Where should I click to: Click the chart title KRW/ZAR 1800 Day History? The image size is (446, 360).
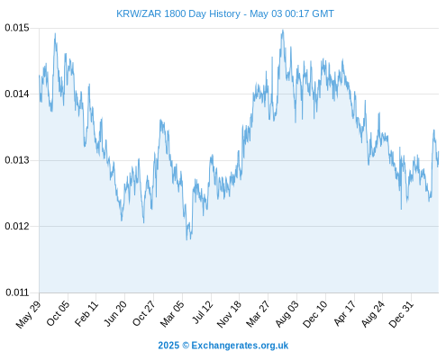(x=178, y=13)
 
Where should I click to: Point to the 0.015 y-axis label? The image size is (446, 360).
(x=17, y=28)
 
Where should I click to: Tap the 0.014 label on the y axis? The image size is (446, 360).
(x=17, y=94)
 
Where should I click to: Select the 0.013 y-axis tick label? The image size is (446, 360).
(x=17, y=160)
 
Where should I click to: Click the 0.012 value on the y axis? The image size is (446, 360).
(x=17, y=226)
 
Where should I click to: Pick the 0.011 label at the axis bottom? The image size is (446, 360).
(x=17, y=292)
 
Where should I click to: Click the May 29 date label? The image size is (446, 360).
(x=28, y=314)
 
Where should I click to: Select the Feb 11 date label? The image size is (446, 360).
(x=86, y=313)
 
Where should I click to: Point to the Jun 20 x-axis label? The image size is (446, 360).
(x=115, y=313)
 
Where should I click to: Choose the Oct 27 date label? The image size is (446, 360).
(x=144, y=313)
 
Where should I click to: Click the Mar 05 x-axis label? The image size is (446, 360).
(x=172, y=313)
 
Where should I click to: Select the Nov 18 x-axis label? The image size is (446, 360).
(x=229, y=314)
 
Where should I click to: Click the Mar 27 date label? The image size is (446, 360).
(x=258, y=313)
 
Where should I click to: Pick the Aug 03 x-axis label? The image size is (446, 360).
(x=287, y=313)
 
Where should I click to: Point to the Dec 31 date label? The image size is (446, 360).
(x=401, y=314)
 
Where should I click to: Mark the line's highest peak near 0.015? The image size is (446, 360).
(x=283, y=30)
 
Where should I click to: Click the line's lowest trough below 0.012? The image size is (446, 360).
(x=187, y=240)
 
